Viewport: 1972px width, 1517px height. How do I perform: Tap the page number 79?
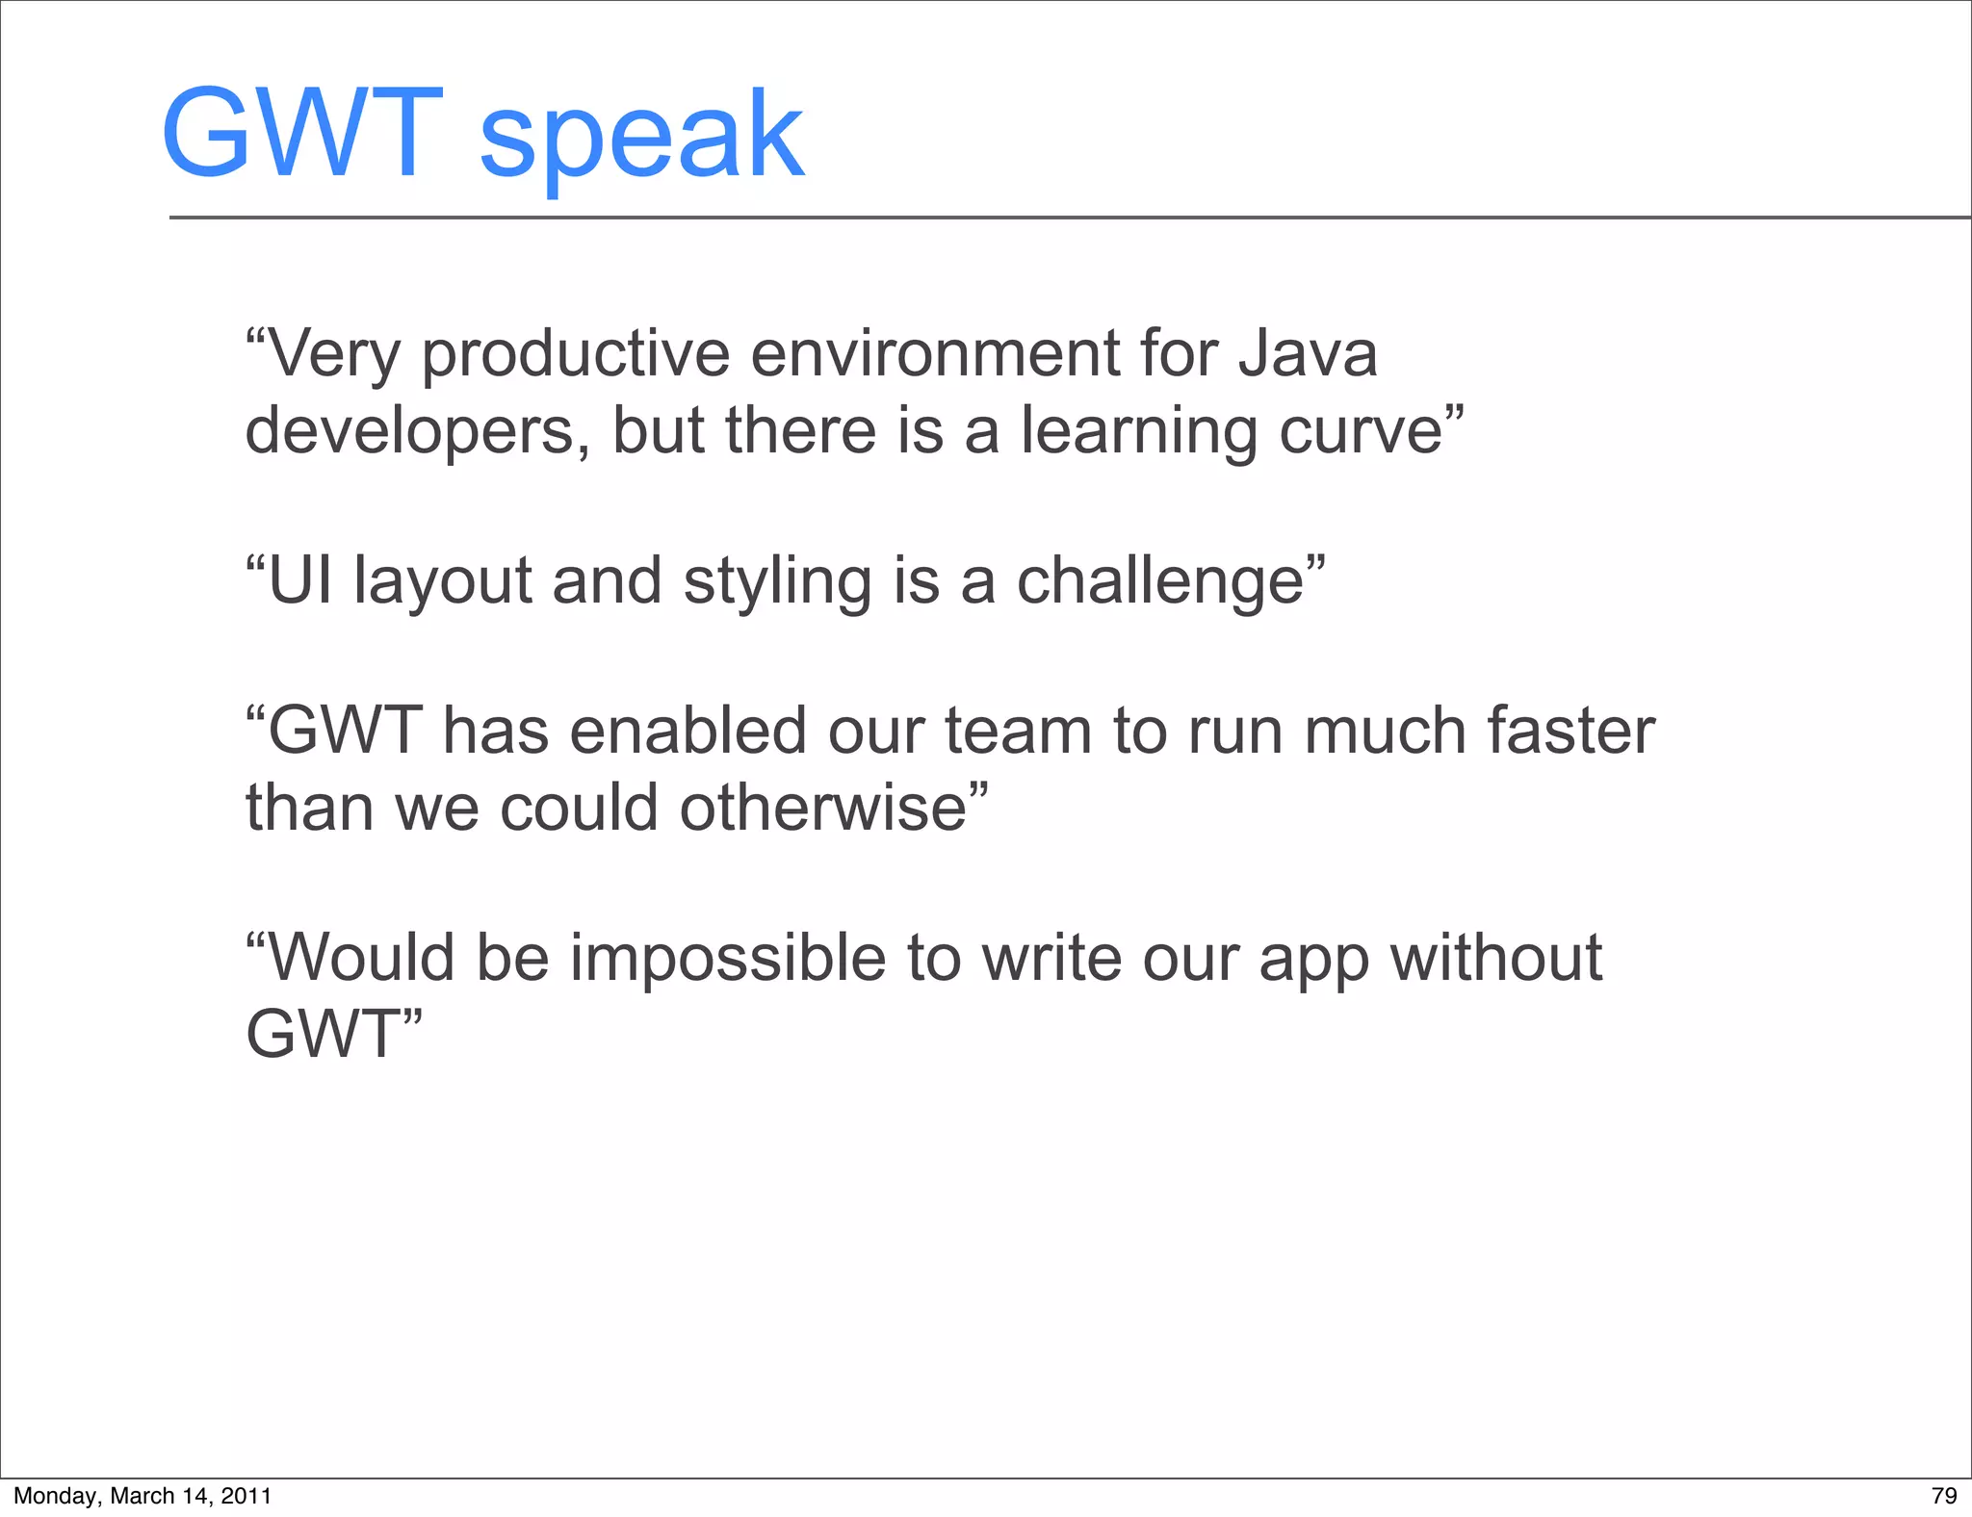click(1944, 1496)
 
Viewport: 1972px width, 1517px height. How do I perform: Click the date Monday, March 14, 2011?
click(143, 1496)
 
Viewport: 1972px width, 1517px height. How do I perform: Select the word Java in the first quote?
click(1308, 353)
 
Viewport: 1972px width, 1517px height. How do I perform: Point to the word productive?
click(576, 355)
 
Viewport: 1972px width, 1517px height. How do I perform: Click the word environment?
click(934, 353)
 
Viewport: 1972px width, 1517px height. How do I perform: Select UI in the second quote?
click(299, 580)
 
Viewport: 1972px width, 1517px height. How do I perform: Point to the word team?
click(1018, 731)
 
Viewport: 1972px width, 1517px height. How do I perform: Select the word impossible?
click(727, 960)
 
